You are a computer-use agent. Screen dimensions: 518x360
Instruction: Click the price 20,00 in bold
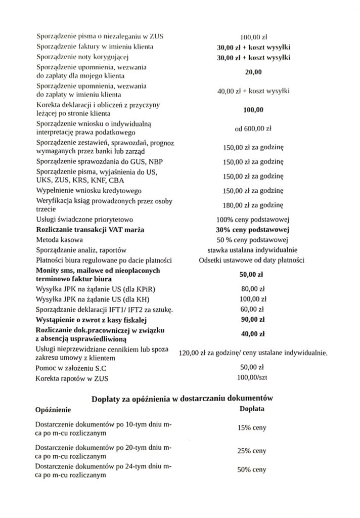pyautogui.click(x=253, y=72)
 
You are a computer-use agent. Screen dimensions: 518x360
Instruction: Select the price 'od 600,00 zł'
pyautogui.click(x=253, y=128)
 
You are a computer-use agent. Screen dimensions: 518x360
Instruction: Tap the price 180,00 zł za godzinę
pyautogui.click(x=253, y=205)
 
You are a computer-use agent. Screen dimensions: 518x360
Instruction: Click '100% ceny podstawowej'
pyautogui.click(x=252, y=220)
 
